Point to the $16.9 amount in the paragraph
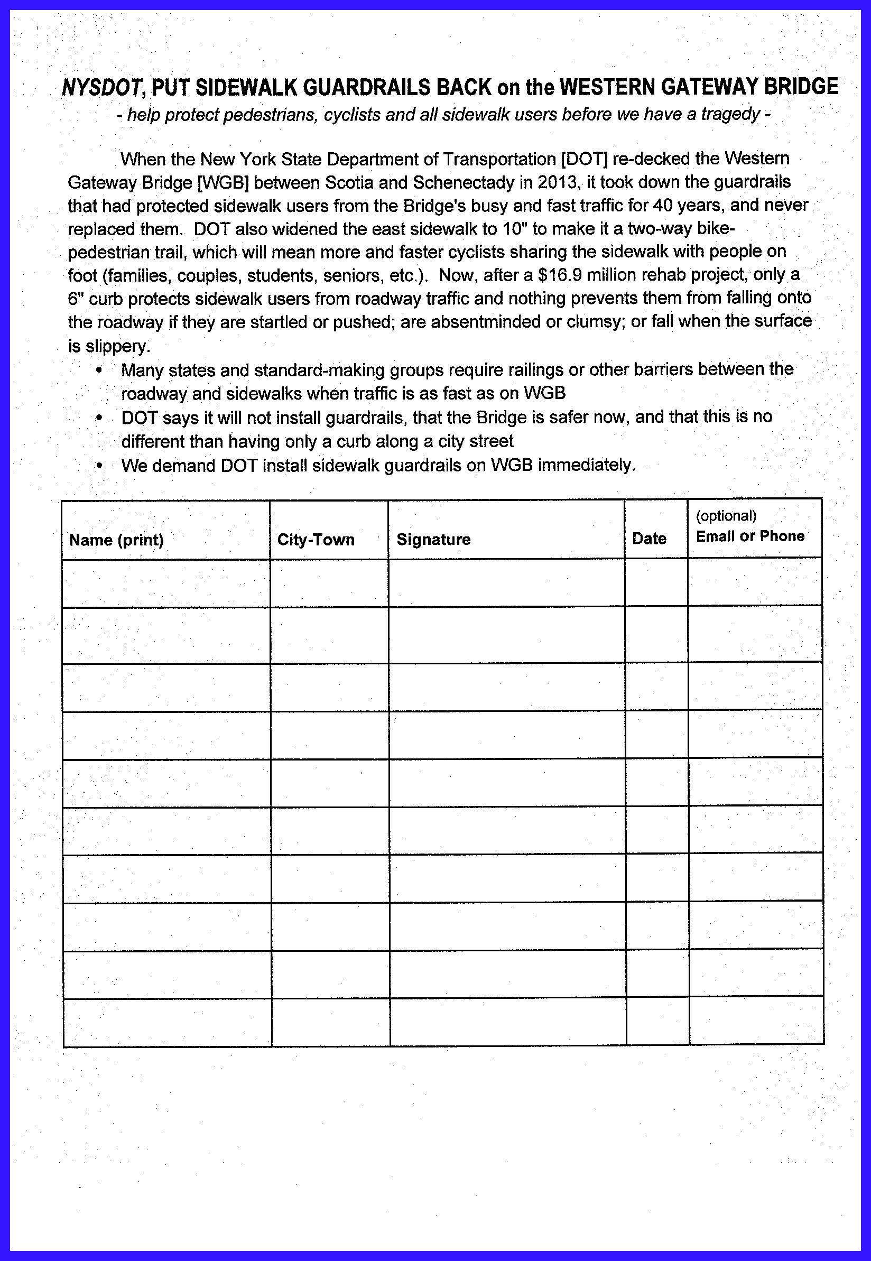(560, 275)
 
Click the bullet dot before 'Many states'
(99, 370)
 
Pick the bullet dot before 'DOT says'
(99, 418)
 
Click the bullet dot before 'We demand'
(99, 466)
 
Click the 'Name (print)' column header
(116, 540)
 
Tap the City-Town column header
(316, 540)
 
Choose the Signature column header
(433, 540)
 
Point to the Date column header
(649, 539)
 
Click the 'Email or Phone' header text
(750, 536)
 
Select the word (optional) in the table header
(726, 516)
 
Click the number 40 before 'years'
(663, 205)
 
